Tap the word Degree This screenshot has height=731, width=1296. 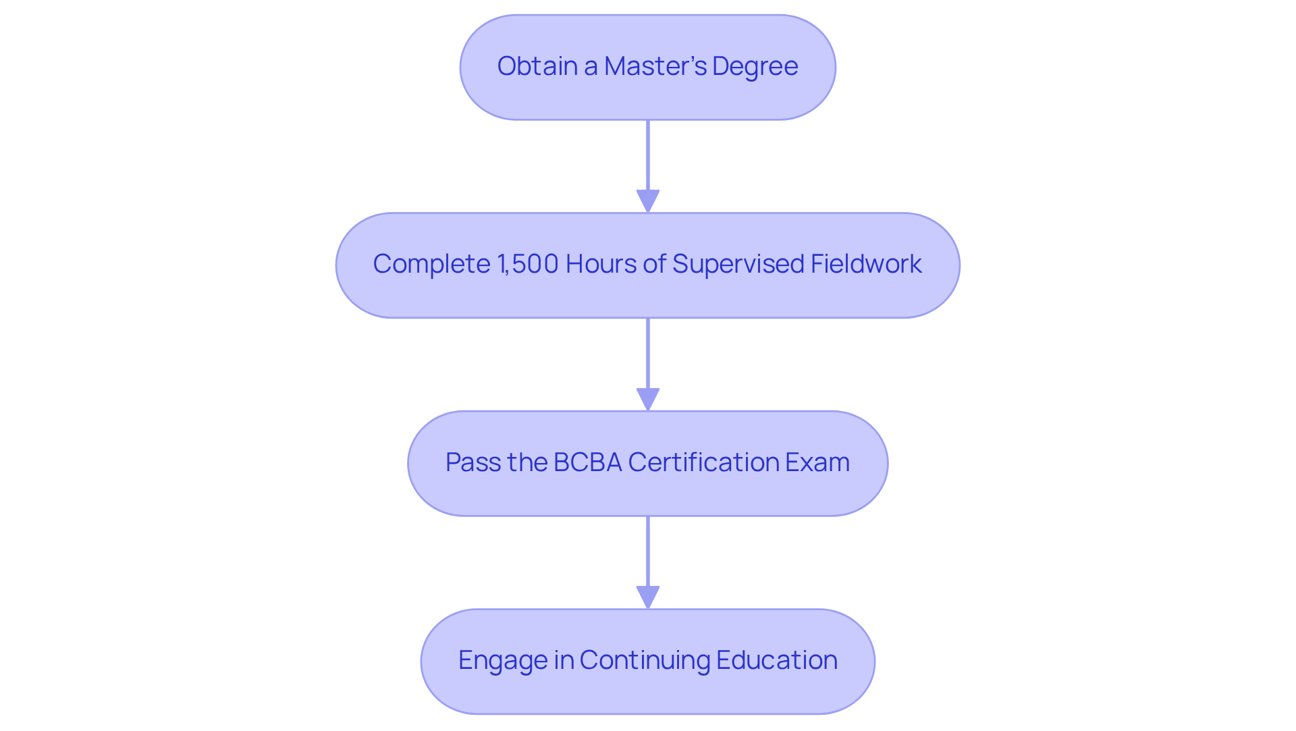755,66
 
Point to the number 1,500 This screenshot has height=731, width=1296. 528,264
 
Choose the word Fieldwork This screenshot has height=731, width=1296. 866,264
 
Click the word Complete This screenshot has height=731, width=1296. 431,264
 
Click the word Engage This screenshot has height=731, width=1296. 502,660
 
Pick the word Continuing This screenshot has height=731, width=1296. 644,660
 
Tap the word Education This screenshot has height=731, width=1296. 776,660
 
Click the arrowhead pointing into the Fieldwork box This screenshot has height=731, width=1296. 648,201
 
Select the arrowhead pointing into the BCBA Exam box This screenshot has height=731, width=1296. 648,400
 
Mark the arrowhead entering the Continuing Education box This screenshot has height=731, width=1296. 648,597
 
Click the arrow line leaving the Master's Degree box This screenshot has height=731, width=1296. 648,155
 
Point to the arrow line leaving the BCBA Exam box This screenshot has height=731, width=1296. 648,551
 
